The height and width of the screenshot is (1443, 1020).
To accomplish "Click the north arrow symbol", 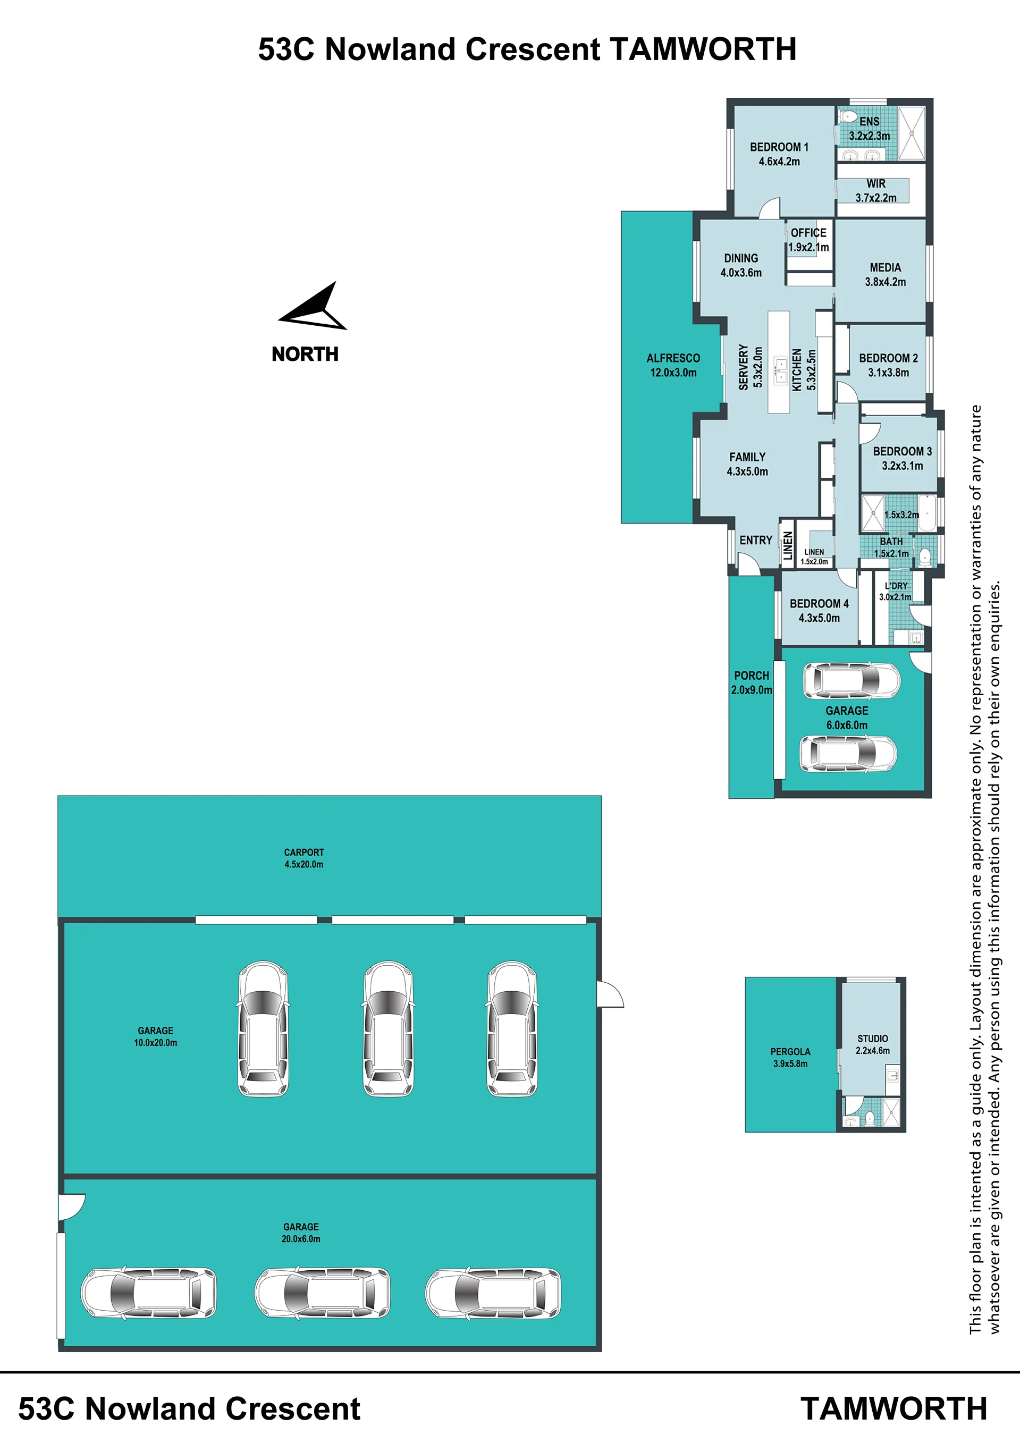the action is (317, 309).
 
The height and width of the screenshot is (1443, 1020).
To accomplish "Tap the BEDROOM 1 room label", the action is (779, 147).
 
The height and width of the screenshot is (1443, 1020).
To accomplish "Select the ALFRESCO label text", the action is (673, 358).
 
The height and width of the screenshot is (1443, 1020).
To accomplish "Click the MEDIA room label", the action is (885, 268).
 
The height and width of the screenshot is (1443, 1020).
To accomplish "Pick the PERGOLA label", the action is (790, 1051).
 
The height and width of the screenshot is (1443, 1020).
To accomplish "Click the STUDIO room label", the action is (872, 1038).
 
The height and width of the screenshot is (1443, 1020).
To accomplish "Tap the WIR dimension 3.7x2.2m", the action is (875, 198).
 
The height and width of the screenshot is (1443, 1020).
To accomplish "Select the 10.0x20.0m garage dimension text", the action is (155, 1043).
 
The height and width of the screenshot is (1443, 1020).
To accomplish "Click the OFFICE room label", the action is (808, 233).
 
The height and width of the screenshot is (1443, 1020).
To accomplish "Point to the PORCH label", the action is (751, 676).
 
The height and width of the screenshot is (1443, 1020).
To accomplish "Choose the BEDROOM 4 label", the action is (819, 603).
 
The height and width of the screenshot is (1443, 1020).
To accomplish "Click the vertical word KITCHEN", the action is (797, 370).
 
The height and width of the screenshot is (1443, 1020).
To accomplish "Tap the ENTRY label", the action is (755, 541).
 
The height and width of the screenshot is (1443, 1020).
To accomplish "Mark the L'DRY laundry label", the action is (896, 586).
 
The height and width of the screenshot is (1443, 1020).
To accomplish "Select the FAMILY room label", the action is (747, 457).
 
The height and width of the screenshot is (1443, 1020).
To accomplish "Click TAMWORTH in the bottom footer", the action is (893, 1408).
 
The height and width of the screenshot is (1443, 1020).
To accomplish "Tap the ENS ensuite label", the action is (869, 121).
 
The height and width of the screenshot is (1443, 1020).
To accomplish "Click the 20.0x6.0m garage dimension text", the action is (300, 1239).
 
